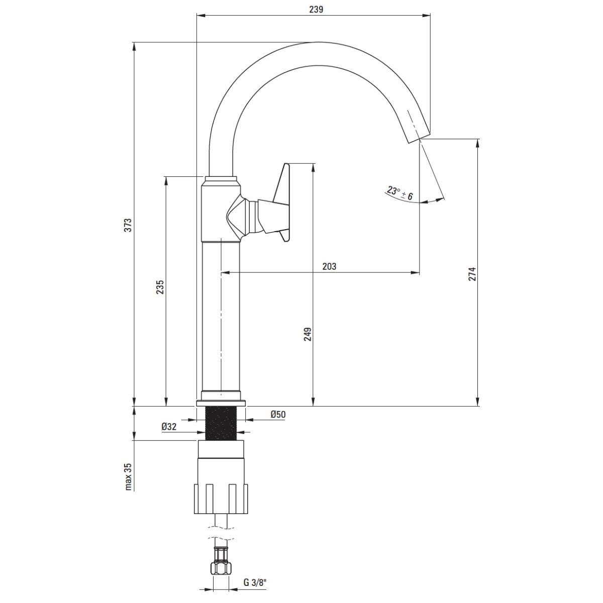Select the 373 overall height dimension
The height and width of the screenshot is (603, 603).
point(128,224)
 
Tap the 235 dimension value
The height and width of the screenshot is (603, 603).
point(159,286)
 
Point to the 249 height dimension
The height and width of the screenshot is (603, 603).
point(308,334)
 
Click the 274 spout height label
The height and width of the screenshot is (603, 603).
point(472,274)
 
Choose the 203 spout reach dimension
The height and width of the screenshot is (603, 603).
point(329,266)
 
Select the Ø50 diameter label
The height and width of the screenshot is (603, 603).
point(278,415)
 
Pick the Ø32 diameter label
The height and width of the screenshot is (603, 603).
point(169,427)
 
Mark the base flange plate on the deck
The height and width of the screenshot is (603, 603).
point(221,403)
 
